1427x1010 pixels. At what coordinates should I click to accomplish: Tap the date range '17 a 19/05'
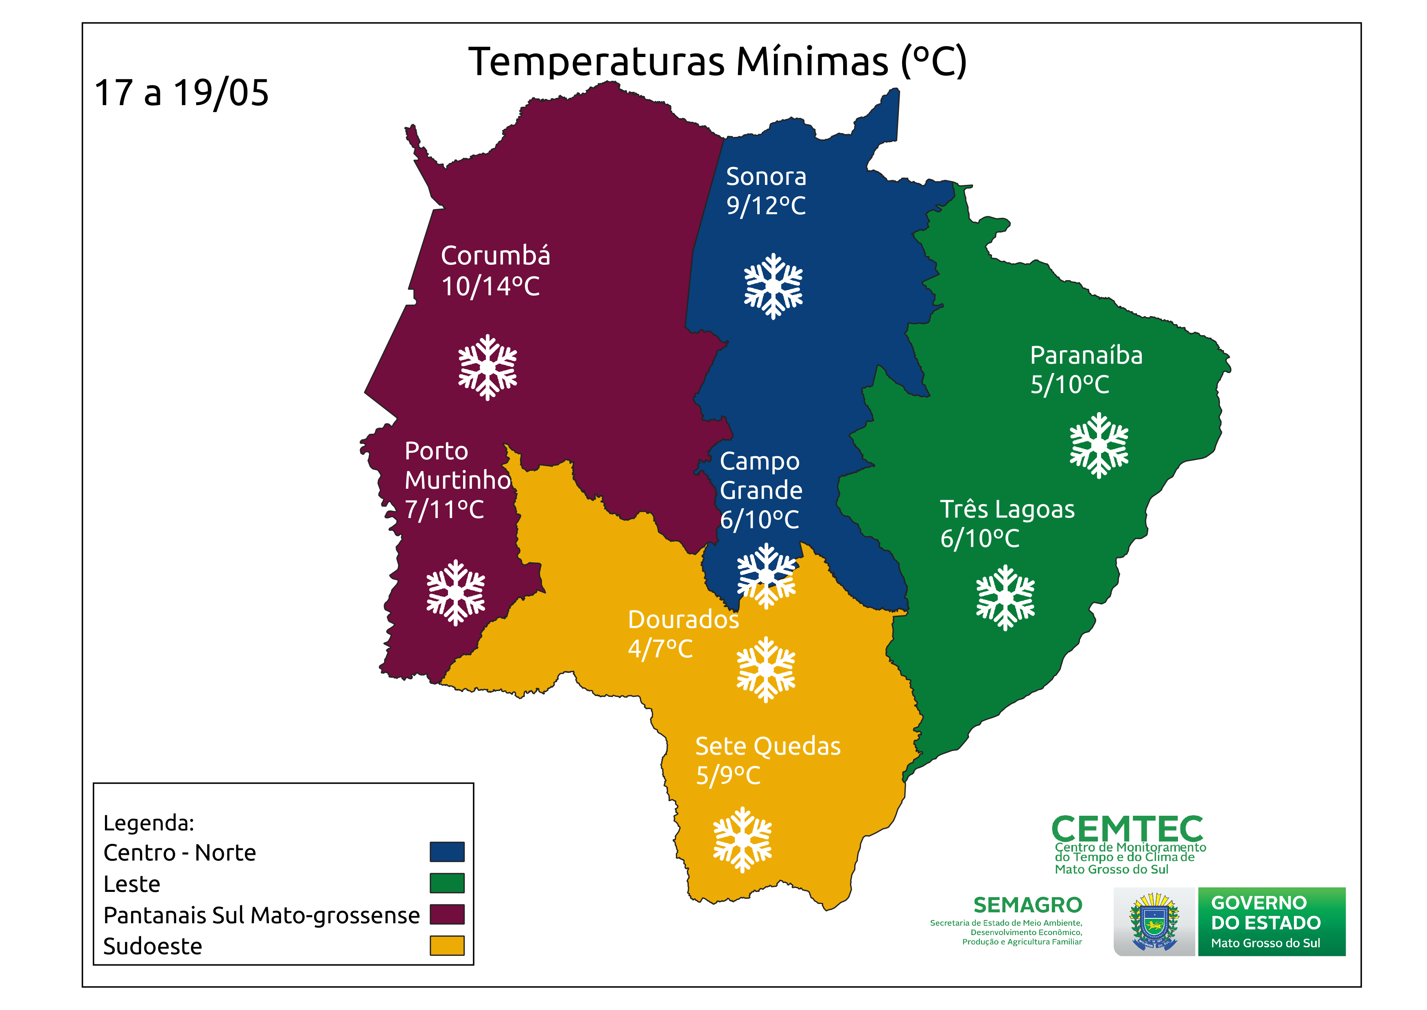181,93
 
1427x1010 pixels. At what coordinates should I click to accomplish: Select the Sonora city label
766,177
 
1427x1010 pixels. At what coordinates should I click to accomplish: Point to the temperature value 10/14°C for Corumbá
490,287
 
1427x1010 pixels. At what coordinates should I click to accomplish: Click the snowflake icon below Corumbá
488,368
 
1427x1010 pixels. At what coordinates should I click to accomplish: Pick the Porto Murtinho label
457,465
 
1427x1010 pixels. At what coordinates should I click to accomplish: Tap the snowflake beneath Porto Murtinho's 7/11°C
456,593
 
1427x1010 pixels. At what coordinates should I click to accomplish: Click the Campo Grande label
761,476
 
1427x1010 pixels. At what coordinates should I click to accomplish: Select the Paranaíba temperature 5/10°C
1070,384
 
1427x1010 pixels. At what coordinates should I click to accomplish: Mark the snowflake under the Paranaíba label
1099,445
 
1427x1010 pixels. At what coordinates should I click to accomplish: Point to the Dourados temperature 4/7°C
660,649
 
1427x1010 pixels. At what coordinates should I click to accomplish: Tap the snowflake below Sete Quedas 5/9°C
742,840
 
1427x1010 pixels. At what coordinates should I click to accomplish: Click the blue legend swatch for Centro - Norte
447,852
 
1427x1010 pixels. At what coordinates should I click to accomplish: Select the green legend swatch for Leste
447,883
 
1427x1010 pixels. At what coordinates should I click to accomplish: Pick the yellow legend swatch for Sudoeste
447,945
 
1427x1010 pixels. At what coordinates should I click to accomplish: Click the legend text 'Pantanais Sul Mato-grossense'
261,916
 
